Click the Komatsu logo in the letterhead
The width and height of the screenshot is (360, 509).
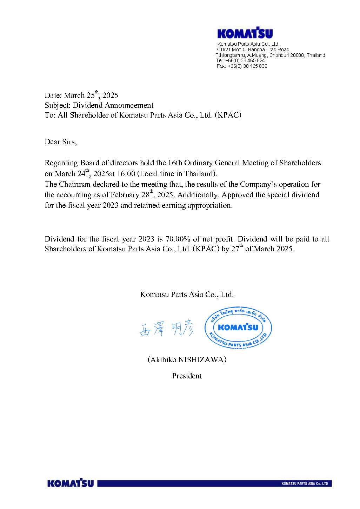[x=245, y=33]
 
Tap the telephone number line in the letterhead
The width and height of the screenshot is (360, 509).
[x=240, y=60]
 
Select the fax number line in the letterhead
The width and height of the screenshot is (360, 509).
[x=242, y=66]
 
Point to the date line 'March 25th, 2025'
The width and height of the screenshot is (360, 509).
[x=81, y=95]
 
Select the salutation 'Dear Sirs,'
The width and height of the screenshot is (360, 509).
[x=61, y=142]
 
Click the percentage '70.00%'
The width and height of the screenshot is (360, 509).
[x=178, y=239]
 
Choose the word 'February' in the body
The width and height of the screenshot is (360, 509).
[x=125, y=195]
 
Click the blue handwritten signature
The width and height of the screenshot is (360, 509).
[x=166, y=328]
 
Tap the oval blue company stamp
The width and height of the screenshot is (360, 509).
[x=238, y=328]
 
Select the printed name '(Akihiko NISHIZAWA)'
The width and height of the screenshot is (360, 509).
[x=187, y=360]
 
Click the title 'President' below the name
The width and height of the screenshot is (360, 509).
[x=187, y=376]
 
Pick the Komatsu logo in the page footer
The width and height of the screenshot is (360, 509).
[x=71, y=483]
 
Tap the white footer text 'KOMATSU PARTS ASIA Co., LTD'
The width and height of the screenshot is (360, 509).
[x=305, y=484]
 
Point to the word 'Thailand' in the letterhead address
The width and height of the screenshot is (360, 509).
[x=316, y=55]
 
